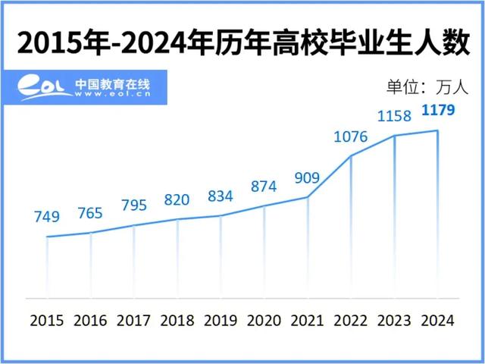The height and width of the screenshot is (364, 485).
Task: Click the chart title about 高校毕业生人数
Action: pyautogui.click(x=242, y=42)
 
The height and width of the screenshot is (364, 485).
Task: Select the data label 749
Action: pyautogui.click(x=46, y=217)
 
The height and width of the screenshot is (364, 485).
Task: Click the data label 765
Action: pyautogui.click(x=89, y=212)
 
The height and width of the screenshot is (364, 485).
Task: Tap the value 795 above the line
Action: pyautogui.click(x=133, y=206)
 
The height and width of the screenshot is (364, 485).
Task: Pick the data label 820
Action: pyautogui.click(x=177, y=200)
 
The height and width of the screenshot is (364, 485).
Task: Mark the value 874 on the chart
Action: pyautogui.click(x=264, y=186)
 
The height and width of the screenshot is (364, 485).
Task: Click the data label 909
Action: pyautogui.click(x=307, y=178)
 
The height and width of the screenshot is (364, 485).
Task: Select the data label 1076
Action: pyautogui.click(x=350, y=136)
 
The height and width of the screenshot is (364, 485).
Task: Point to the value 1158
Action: pyautogui.click(x=394, y=116)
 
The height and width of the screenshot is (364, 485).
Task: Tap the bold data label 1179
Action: pyautogui.click(x=437, y=111)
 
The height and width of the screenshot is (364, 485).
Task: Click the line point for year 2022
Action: pyautogui.click(x=351, y=156)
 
